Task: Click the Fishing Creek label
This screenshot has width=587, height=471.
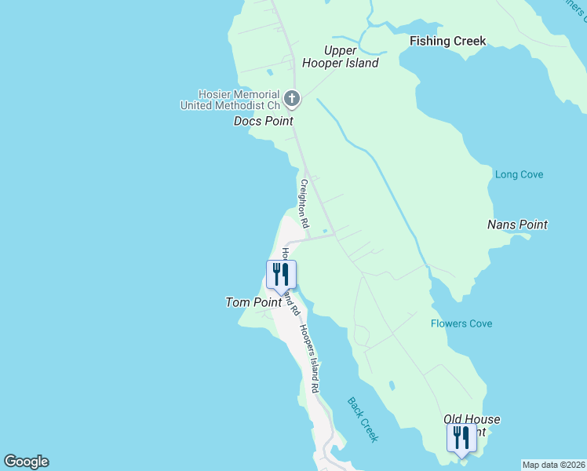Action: (x=447, y=41)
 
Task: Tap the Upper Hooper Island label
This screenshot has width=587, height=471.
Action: (x=351, y=57)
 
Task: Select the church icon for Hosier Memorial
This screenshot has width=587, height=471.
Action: (x=292, y=99)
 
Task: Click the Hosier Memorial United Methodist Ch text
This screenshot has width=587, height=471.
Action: (x=230, y=99)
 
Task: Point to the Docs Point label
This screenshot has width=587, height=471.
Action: (x=263, y=121)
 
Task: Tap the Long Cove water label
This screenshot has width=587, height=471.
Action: (x=519, y=174)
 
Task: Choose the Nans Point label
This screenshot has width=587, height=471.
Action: (x=517, y=225)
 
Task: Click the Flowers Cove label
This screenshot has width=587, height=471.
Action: (x=461, y=323)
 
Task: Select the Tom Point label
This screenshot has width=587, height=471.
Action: (x=248, y=301)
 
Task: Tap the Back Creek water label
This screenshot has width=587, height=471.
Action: (x=363, y=419)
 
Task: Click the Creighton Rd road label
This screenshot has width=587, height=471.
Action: (x=303, y=203)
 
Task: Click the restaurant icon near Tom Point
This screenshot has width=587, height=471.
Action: (x=281, y=275)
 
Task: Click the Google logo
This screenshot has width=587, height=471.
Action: (x=26, y=462)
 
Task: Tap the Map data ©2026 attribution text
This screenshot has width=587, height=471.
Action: (x=553, y=465)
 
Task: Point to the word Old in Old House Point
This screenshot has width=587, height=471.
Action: (x=454, y=420)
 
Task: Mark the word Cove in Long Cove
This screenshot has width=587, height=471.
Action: (x=530, y=174)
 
